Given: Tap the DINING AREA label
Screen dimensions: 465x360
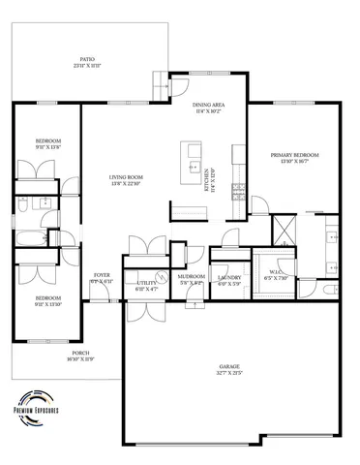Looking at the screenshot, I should click(x=208, y=108).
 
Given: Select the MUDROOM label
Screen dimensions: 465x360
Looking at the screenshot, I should click(x=190, y=279).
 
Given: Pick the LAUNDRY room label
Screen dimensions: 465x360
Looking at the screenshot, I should click(x=228, y=279).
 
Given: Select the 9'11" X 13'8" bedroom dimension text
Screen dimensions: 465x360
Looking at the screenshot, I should click(x=48, y=147).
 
